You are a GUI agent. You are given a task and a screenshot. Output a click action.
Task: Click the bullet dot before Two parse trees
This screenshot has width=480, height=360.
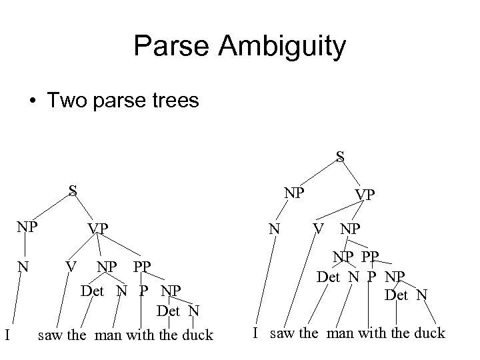(x=32, y=101)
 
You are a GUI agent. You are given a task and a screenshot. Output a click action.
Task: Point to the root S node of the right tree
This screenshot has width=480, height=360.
(x=340, y=157)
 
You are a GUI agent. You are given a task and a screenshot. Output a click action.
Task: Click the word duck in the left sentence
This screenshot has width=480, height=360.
(x=197, y=335)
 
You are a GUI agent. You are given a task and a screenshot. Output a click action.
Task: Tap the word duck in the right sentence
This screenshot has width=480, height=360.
(x=429, y=333)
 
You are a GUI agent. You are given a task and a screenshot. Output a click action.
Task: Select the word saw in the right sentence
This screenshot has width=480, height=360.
(x=283, y=333)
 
